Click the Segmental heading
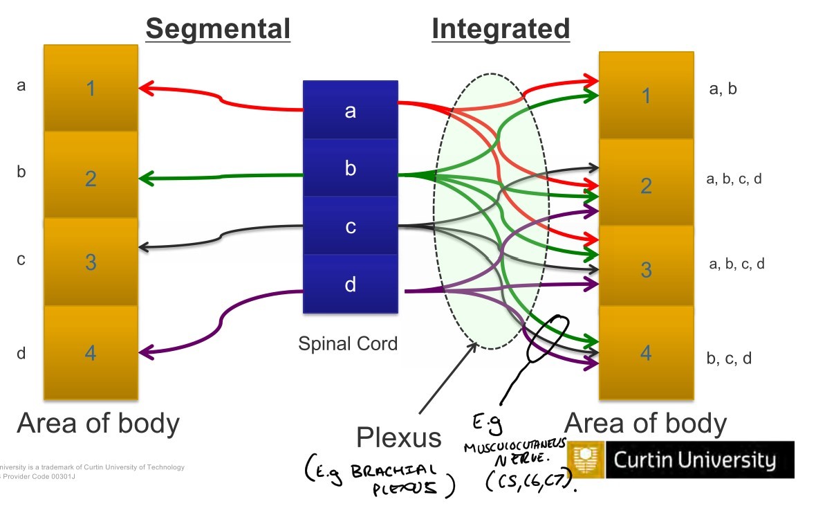pyautogui.click(x=217, y=29)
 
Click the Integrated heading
pyautogui.click(x=501, y=29)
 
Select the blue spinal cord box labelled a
pyautogui.click(x=351, y=111)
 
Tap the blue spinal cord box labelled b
pyautogui.click(x=351, y=168)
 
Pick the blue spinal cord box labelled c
pyautogui.click(x=351, y=226)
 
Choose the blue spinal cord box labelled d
pyautogui.click(x=351, y=284)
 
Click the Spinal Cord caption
pyautogui.click(x=348, y=343)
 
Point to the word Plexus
pyautogui.click(x=398, y=437)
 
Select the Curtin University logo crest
pyautogui.click(x=585, y=460)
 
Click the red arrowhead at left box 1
pyautogui.click(x=145, y=88)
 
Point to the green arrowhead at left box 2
pyautogui.click(x=145, y=179)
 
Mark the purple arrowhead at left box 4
pyautogui.click(x=145, y=354)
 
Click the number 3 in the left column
pyautogui.click(x=91, y=262)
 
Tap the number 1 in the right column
pyautogui.click(x=646, y=96)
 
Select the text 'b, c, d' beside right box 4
pyautogui.click(x=730, y=359)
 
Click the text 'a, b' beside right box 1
pyautogui.click(x=723, y=89)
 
